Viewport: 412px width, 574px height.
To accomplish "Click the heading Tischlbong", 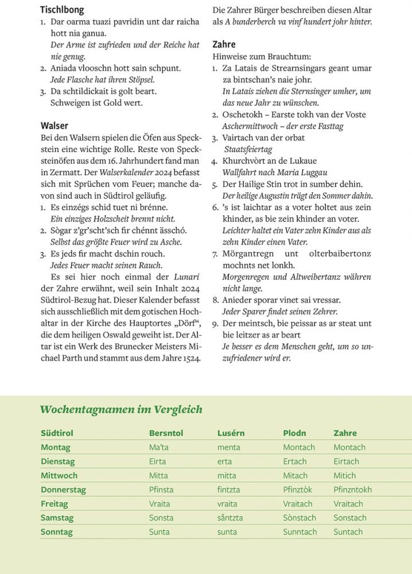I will [x=62, y=10].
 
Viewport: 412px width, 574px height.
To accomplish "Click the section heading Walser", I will [x=55, y=126].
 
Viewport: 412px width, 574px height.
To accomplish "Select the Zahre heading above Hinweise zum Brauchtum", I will [x=224, y=44].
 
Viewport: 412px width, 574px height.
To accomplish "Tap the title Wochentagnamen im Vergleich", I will [x=121, y=409].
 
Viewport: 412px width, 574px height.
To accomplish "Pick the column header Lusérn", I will [x=231, y=433].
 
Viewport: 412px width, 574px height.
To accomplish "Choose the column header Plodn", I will [x=294, y=433].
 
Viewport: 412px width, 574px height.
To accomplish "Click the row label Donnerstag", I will [x=63, y=490].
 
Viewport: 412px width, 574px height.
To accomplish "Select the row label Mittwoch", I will [x=59, y=475].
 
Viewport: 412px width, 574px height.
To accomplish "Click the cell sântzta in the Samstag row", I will [x=230, y=518].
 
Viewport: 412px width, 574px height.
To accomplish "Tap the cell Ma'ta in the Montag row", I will [x=159, y=447].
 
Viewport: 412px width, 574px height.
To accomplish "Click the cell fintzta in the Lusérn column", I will [x=228, y=490].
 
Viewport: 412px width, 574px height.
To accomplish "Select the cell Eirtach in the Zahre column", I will [x=346, y=461].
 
